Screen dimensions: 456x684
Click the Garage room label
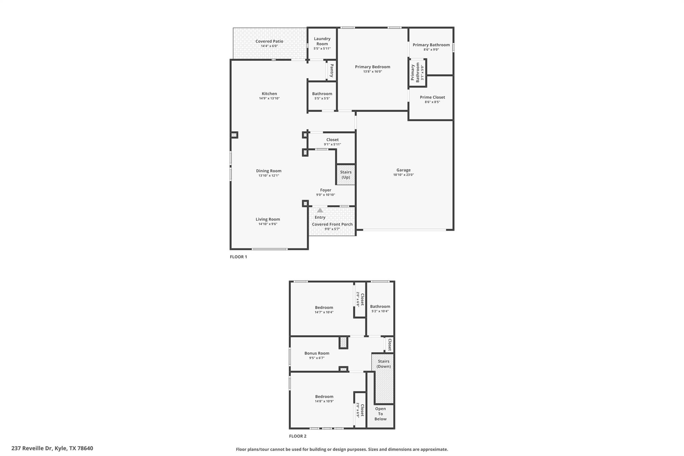tap(403, 170)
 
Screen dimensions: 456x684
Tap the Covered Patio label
tap(269, 41)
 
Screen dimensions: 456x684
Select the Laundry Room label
tap(322, 41)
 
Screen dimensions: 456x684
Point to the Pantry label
tap(332, 70)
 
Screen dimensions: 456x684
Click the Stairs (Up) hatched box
tap(346, 175)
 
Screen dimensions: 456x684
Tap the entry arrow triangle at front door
tap(320, 210)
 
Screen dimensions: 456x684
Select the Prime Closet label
tap(432, 97)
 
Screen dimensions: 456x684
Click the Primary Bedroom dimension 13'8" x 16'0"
tap(372, 71)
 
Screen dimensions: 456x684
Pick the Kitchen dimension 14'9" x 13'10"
tap(269, 99)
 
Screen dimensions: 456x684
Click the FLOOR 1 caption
tap(238, 257)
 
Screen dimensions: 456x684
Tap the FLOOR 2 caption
tap(297, 436)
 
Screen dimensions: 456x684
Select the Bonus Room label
tap(317, 353)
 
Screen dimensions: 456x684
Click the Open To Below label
tap(380, 414)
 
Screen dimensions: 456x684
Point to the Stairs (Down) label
tap(383, 364)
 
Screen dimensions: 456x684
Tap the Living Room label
tap(268, 219)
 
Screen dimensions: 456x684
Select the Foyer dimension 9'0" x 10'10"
tap(325, 195)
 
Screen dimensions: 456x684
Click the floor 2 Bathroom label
tap(380, 306)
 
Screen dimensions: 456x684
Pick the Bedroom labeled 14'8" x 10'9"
tap(324, 397)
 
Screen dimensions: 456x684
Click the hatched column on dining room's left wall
tap(234, 135)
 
